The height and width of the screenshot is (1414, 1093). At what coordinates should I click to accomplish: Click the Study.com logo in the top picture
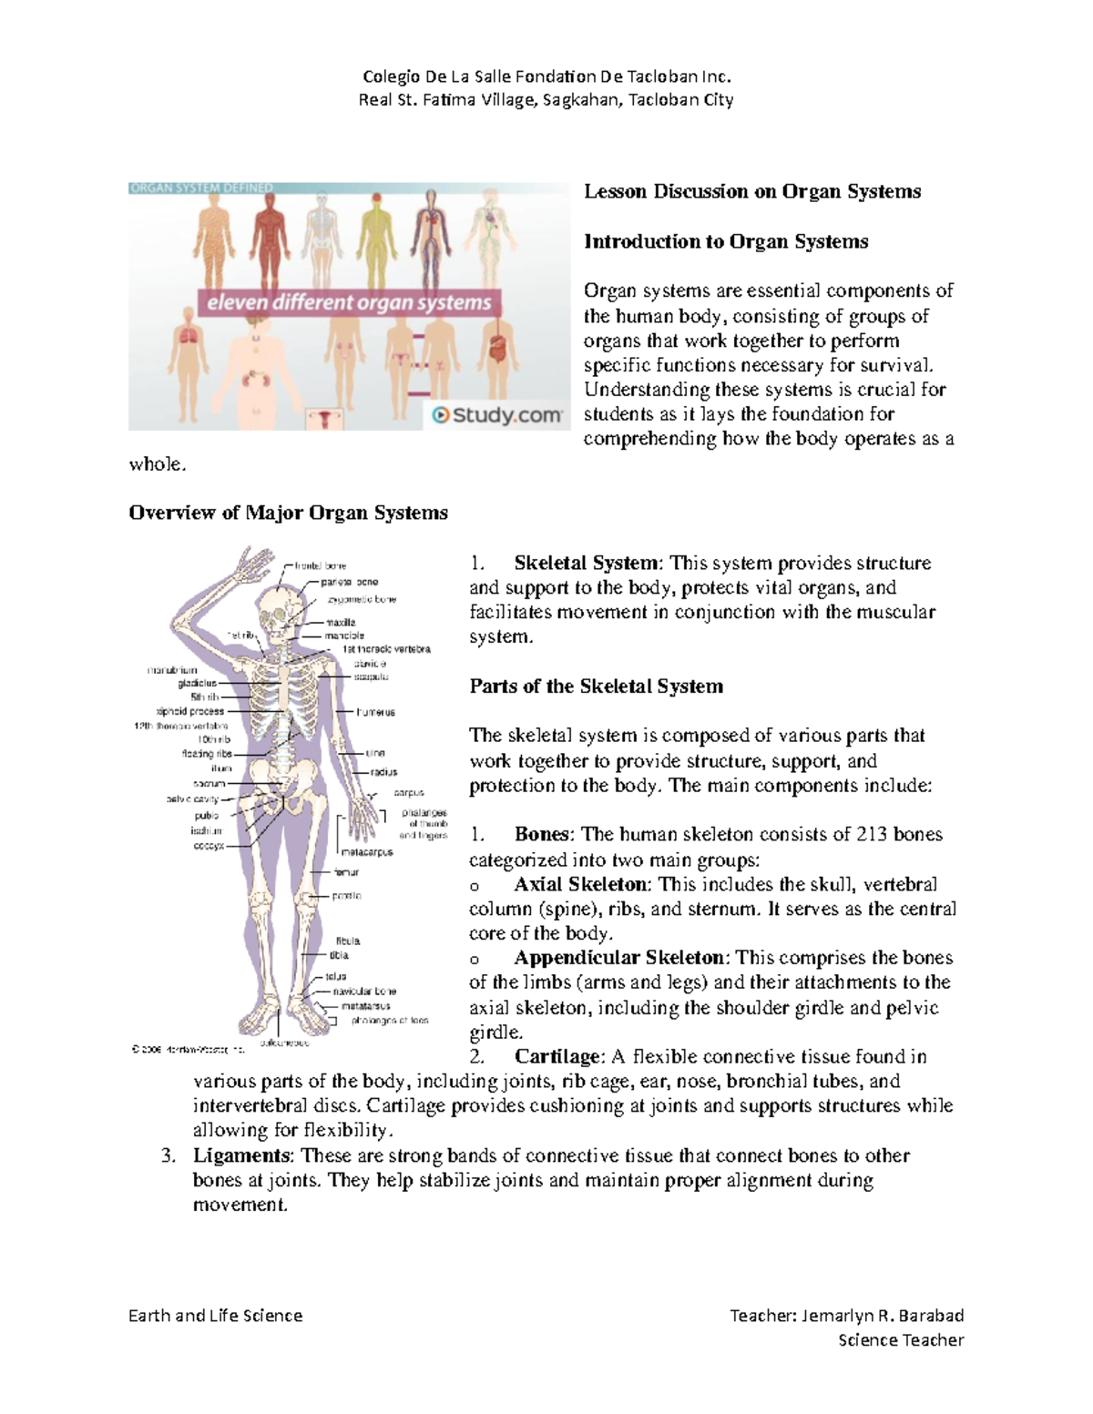pos(496,415)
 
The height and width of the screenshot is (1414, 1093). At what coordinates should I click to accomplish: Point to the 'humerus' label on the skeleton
pos(375,712)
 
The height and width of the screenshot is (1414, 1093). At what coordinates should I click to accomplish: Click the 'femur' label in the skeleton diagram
pos(346,872)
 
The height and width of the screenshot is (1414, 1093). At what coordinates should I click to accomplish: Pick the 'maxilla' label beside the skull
pos(341,623)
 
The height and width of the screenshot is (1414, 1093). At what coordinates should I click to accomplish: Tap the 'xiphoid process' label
pos(190,711)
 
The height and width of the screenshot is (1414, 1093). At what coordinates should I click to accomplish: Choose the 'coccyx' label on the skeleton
pos(209,846)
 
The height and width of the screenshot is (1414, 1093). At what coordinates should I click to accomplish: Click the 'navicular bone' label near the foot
pos(364,991)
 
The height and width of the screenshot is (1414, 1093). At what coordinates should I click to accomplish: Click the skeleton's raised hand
pos(250,565)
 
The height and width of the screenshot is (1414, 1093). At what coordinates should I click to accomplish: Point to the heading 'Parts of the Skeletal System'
pos(596,687)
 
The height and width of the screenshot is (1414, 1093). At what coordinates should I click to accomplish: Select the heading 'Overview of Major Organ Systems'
pos(288,513)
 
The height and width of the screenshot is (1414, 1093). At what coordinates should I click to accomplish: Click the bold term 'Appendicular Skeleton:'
pos(621,958)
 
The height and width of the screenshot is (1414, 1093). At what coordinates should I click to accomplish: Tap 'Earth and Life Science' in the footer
pos(215,1315)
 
